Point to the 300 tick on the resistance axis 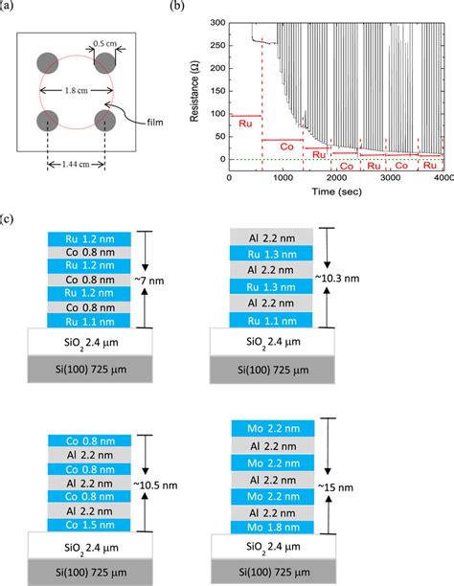(217, 21)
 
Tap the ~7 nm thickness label (156, 277)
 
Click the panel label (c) (9, 219)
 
